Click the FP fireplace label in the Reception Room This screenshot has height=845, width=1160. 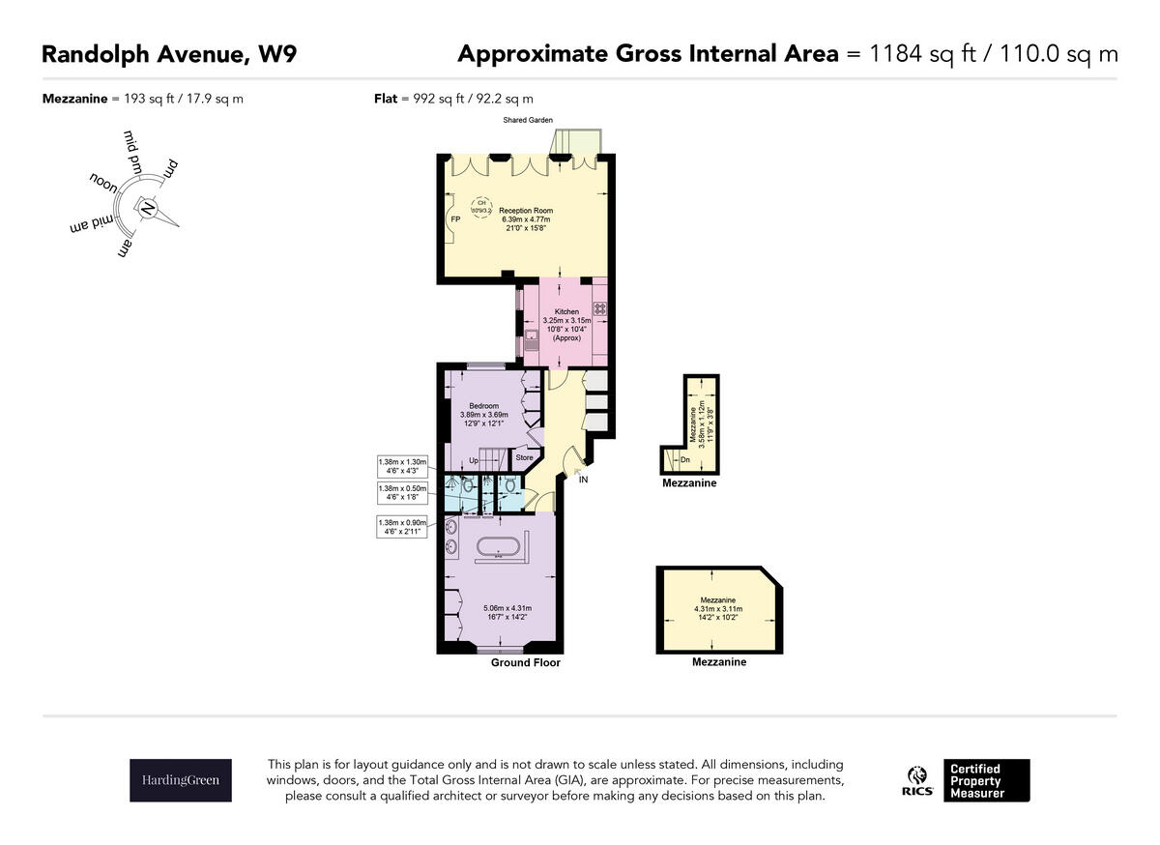click(x=454, y=219)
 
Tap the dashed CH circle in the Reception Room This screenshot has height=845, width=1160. click(x=481, y=205)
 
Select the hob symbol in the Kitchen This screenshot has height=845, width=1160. click(x=599, y=309)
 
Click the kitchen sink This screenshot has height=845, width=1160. click(x=532, y=340)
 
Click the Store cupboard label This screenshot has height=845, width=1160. click(x=524, y=457)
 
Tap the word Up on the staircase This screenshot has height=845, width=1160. click(x=474, y=460)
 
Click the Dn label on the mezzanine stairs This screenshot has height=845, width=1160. click(x=684, y=460)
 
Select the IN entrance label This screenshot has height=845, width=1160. click(x=583, y=480)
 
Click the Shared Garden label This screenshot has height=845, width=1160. click(x=527, y=121)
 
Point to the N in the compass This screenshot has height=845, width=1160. click(x=147, y=208)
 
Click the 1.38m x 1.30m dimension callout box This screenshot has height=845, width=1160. click(x=401, y=467)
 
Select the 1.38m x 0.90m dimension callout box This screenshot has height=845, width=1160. click(x=401, y=527)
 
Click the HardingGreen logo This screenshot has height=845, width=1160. click(x=181, y=780)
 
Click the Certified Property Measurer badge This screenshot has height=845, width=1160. click(x=987, y=780)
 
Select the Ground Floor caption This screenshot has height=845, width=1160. click(x=525, y=663)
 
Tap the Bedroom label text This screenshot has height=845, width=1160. click(x=483, y=405)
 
